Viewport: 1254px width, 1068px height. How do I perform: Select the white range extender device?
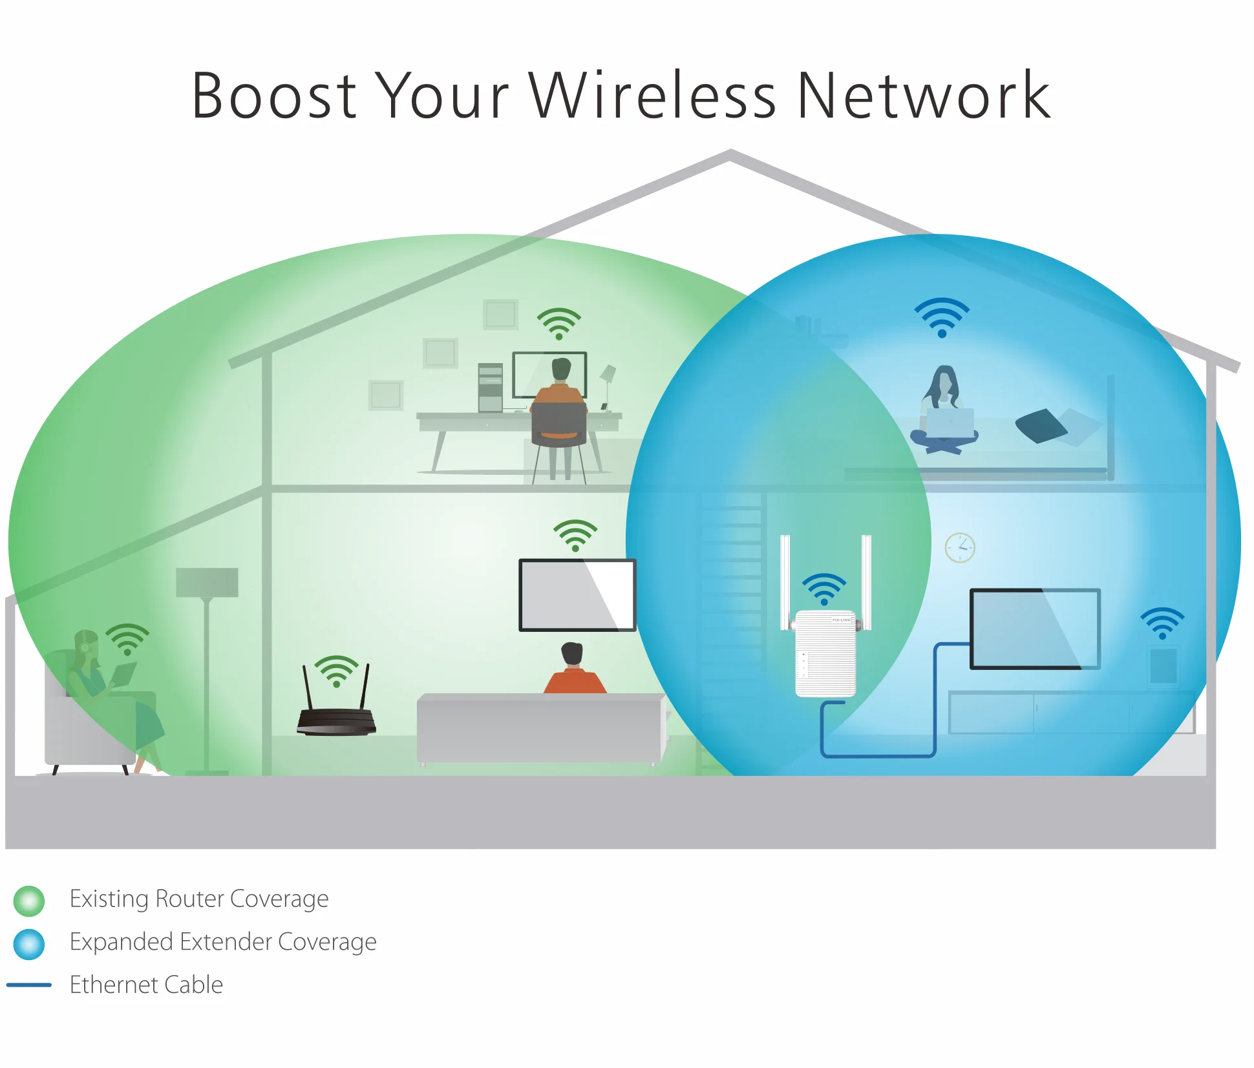click(825, 653)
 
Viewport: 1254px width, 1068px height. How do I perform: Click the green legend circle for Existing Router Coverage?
click(29, 901)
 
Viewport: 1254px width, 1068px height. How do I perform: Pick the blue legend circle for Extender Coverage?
click(29, 944)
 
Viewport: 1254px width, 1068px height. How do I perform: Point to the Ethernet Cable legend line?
click(29, 985)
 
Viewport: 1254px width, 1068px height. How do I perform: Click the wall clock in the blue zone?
click(960, 548)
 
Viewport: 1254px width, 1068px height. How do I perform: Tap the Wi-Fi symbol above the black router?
click(336, 671)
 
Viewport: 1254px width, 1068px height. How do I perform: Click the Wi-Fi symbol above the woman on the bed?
click(942, 317)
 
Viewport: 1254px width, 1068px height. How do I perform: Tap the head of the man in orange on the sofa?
click(572, 654)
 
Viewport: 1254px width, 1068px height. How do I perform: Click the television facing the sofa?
click(577, 594)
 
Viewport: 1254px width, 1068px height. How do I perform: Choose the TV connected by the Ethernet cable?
click(1035, 628)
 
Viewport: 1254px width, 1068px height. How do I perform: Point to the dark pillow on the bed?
click(1041, 425)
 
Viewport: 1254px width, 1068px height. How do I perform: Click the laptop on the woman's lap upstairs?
click(950, 423)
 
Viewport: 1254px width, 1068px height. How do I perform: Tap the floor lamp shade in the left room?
click(207, 582)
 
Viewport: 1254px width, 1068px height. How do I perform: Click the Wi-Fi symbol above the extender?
click(824, 589)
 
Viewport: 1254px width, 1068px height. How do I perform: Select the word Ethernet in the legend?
click(114, 985)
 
